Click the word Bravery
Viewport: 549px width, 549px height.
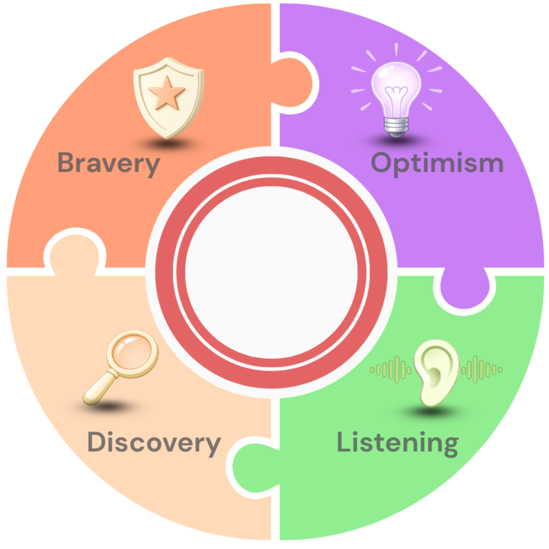click(x=108, y=164)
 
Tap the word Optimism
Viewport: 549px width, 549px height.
click(x=437, y=164)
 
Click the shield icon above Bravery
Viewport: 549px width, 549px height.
click(x=169, y=98)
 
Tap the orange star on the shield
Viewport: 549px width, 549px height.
click(x=167, y=93)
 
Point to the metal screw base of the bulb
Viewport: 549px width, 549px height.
click(x=396, y=127)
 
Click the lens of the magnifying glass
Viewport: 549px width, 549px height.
click(x=132, y=353)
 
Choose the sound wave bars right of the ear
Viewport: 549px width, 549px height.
click(x=481, y=370)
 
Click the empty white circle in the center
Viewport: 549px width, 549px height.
click(x=271, y=272)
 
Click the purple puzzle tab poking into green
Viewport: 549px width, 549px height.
click(x=465, y=289)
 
